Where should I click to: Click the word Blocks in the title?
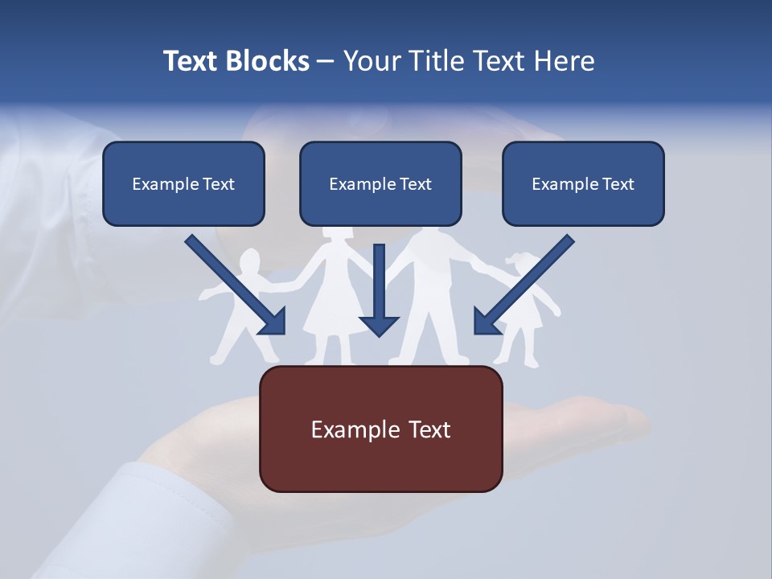click(x=269, y=61)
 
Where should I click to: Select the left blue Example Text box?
click(x=183, y=184)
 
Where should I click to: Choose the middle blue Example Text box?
click(x=380, y=184)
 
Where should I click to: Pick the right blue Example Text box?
click(x=583, y=184)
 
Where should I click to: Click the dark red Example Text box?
click(x=380, y=429)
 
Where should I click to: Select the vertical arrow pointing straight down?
click(x=379, y=289)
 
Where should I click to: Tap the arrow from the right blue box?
click(x=527, y=281)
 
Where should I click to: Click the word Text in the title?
click(x=193, y=61)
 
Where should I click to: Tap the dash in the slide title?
click(x=326, y=61)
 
